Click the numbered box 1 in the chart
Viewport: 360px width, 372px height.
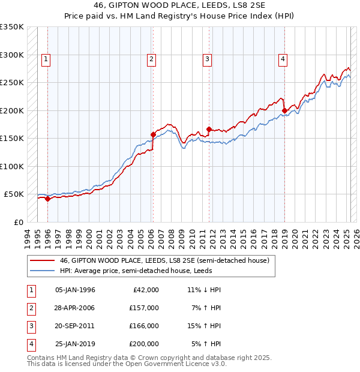pyautogui.click(x=46, y=59)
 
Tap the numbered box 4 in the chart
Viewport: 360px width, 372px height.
pyautogui.click(x=282, y=59)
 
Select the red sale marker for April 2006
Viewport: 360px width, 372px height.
pyautogui.click(x=153, y=134)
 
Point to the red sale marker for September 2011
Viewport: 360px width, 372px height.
pyautogui.click(x=209, y=129)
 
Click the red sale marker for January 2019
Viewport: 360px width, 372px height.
pyautogui.click(x=284, y=110)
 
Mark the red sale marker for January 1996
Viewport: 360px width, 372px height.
pyautogui.click(x=48, y=199)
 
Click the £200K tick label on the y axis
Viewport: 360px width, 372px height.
pyautogui.click(x=12, y=110)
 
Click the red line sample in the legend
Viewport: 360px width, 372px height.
pyautogui.click(x=42, y=261)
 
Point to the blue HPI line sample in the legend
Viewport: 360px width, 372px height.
pyautogui.click(x=42, y=271)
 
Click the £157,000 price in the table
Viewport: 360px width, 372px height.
pyautogui.click(x=144, y=308)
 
